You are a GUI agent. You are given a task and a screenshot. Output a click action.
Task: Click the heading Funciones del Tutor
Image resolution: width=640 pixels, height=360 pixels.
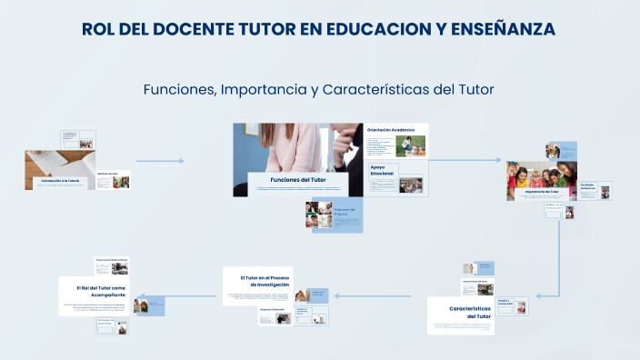pyautogui.click(x=298, y=180)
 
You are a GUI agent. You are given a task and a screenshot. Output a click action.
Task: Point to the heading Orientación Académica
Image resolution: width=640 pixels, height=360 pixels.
pyautogui.click(x=391, y=130)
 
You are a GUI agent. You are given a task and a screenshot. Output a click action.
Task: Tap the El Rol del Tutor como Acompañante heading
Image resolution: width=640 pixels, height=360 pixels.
pyautogui.click(x=101, y=290)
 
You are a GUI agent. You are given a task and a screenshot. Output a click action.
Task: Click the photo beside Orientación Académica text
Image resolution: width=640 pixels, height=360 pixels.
pyautogui.click(x=411, y=145)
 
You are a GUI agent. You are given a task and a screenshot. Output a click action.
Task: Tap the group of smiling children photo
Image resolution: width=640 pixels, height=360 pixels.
pyautogui.click(x=543, y=171)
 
